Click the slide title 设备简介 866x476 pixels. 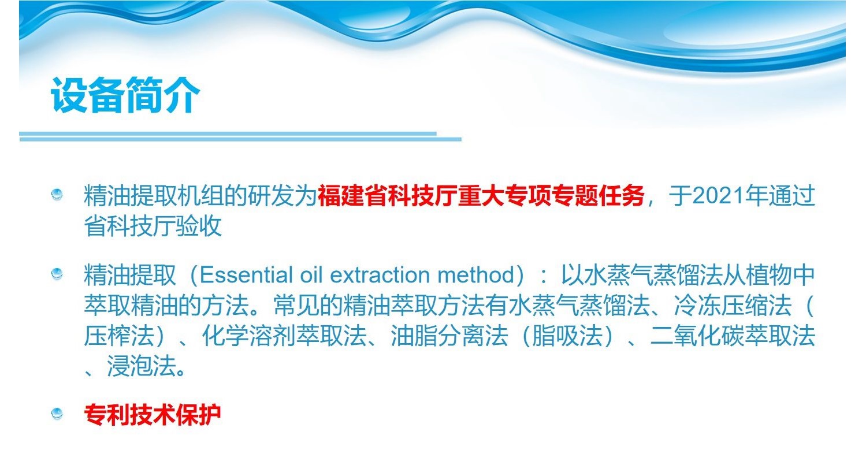(x=125, y=95)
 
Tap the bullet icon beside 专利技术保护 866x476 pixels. (x=57, y=414)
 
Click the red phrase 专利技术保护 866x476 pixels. (x=153, y=415)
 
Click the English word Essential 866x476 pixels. (x=246, y=276)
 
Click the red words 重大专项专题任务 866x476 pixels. (x=551, y=196)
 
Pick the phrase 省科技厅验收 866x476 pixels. (x=153, y=226)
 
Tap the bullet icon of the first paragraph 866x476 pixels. (x=57, y=194)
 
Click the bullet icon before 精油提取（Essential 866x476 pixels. (x=57, y=273)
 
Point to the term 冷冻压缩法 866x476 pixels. (x=733, y=306)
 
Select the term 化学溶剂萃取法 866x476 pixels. (x=285, y=336)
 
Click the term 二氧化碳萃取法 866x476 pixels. (x=733, y=336)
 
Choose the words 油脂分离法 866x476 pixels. (x=449, y=336)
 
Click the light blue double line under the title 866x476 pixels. (x=240, y=136)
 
